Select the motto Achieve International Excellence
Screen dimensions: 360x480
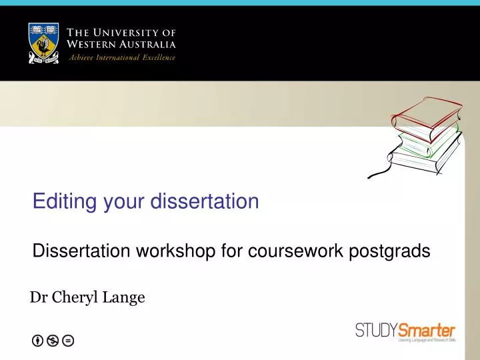(x=123, y=57)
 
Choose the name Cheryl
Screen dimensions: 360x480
(x=74, y=297)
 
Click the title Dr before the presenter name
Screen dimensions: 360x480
(x=38, y=297)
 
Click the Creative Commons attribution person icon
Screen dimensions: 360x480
(x=38, y=341)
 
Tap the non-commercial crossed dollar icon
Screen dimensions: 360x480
(x=53, y=341)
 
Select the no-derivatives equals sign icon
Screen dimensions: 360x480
(x=67, y=341)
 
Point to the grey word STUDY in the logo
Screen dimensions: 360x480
(x=376, y=330)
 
